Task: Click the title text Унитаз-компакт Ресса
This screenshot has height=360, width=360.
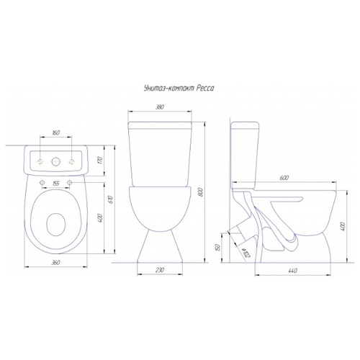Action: [x=179, y=89]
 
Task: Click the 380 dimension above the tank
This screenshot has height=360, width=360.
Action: [x=160, y=107]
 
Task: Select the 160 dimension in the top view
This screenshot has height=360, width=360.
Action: [x=55, y=132]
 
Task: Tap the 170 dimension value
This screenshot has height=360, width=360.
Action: [x=101, y=161]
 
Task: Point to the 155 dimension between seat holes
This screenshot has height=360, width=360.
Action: [x=55, y=184]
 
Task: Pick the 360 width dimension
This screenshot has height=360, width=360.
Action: [x=55, y=263]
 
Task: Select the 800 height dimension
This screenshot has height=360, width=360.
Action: [x=201, y=192]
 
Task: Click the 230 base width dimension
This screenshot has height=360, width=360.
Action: [x=160, y=270]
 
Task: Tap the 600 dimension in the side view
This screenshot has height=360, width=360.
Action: [x=284, y=178]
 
